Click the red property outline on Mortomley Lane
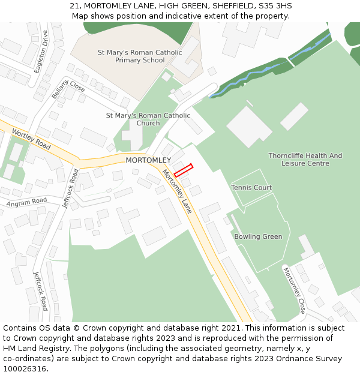point(184,170)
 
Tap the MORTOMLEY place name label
point(148,160)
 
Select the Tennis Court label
point(251,188)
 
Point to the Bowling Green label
point(258,236)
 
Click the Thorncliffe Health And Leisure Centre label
point(305,159)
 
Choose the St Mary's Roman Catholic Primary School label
point(140,56)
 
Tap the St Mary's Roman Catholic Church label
point(148,119)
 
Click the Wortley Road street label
point(31,140)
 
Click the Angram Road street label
point(26,203)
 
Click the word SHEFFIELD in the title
point(232,6)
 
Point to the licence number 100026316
point(25,368)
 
